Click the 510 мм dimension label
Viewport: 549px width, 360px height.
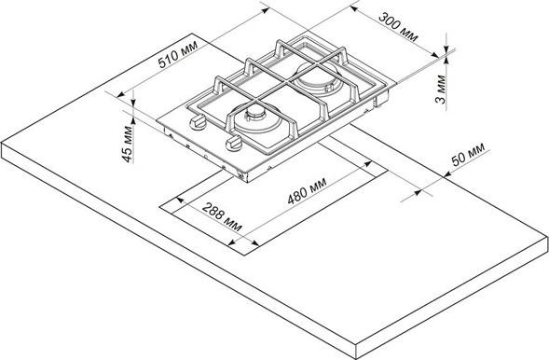tap(177, 54)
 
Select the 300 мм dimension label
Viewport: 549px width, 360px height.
tap(398, 27)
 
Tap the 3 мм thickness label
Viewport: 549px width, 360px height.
tap(441, 90)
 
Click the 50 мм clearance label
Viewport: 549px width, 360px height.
tap(468, 154)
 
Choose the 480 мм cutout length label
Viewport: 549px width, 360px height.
tap(307, 190)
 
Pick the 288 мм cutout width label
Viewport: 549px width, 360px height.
tap(222, 216)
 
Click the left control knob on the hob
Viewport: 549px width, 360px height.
tap(198, 121)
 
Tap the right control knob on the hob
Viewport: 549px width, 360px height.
tap(234, 144)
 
